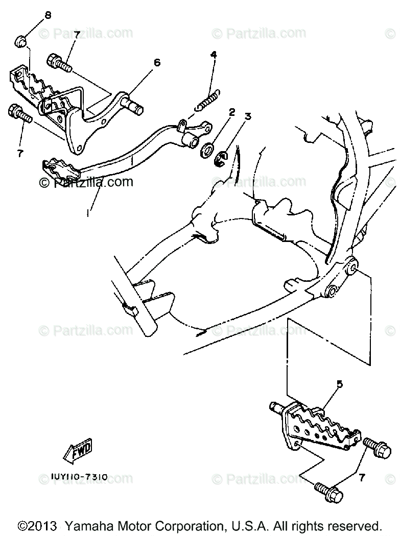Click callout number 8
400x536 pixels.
[x=48, y=15]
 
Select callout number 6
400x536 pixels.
[x=157, y=62]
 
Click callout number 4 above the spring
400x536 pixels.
[x=213, y=54]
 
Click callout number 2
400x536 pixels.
[x=231, y=112]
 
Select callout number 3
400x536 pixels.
[x=248, y=116]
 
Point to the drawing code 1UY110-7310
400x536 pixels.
[x=79, y=477]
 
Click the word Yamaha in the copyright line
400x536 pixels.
[x=93, y=525]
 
